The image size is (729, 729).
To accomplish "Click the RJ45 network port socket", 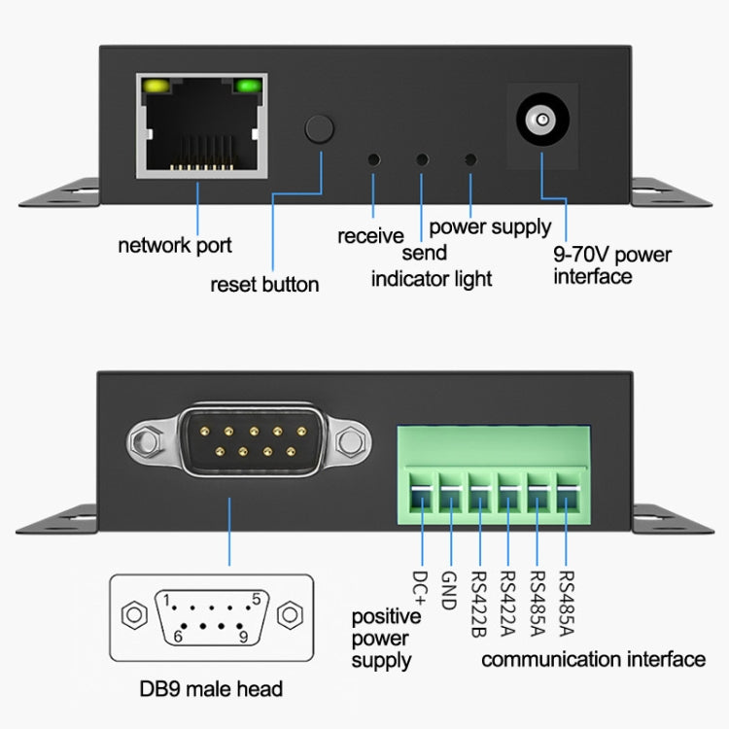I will click(200, 126).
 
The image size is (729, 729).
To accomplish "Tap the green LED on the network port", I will click(248, 87).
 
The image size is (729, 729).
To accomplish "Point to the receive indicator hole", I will click(373, 159).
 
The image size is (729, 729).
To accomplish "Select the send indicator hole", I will click(422, 159).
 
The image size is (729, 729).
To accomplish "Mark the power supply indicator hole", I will click(471, 159).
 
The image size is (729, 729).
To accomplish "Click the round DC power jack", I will click(538, 122).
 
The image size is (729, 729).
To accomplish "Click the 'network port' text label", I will click(175, 245).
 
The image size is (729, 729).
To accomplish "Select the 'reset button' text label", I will click(264, 285).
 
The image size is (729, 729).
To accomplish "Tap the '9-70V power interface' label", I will click(611, 266).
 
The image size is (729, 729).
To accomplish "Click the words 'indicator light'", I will click(432, 279).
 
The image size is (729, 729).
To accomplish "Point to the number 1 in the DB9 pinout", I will click(166, 599).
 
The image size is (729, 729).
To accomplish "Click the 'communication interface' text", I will click(593, 660).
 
